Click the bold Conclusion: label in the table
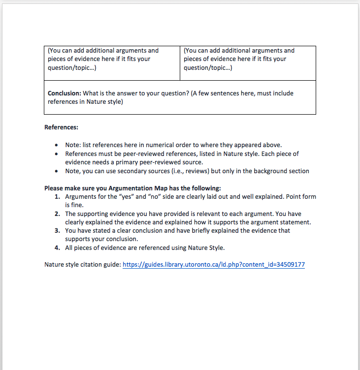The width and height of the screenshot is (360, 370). coord(64,93)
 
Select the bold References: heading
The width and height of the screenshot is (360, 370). coord(61,127)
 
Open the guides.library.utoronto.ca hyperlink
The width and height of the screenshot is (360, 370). coord(213,265)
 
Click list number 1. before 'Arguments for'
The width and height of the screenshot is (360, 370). coord(57,197)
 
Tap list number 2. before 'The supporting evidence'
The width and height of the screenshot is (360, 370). coord(57,214)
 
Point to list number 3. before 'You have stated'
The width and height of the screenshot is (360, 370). coord(57,231)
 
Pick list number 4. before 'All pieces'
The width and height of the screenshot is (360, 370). coord(57,248)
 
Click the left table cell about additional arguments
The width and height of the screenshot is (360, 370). coord(112,63)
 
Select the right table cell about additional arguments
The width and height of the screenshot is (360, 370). coord(248,63)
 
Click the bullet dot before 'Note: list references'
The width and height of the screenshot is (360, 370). coord(58,145)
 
